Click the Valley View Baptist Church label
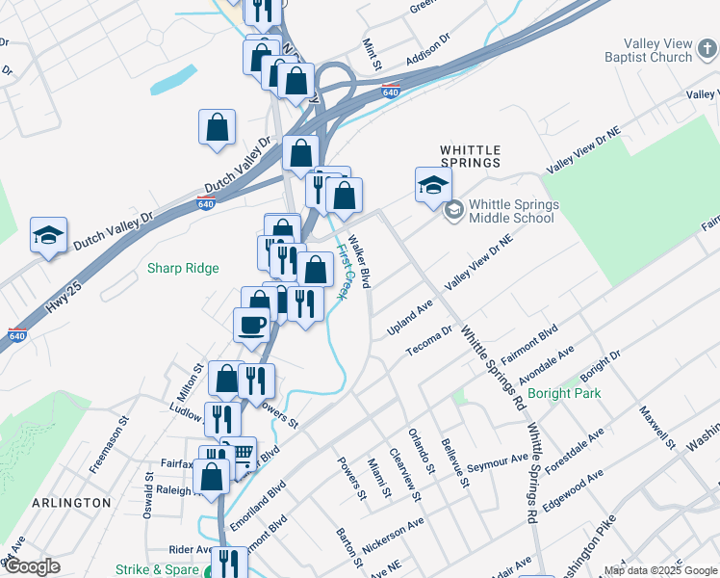click(x=644, y=50)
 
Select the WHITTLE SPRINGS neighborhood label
click(x=470, y=156)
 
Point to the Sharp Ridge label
click(x=183, y=269)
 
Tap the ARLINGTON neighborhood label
click(x=71, y=503)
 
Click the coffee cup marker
click(x=252, y=325)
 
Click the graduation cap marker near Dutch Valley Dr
click(x=48, y=234)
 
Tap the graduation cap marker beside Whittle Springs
click(x=433, y=184)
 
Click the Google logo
click(x=32, y=566)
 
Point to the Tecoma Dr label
click(x=428, y=342)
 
